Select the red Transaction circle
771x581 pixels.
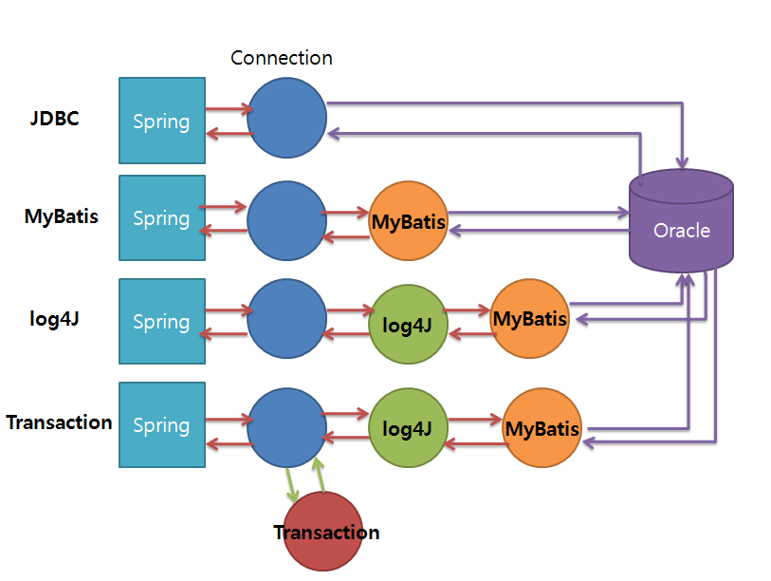pyautogui.click(x=324, y=532)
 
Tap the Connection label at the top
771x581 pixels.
pyautogui.click(x=282, y=58)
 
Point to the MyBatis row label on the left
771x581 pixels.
pyautogui.click(x=61, y=216)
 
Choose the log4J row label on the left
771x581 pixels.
pyautogui.click(x=54, y=318)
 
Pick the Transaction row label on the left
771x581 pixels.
pyautogui.click(x=59, y=422)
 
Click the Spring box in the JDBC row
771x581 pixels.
pyautogui.click(x=162, y=121)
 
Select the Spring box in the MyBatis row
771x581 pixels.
pyautogui.click(x=162, y=217)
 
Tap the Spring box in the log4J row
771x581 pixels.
pyautogui.click(x=162, y=321)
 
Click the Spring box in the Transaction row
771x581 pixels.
pyautogui.click(x=162, y=424)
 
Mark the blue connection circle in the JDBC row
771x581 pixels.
pyautogui.click(x=287, y=118)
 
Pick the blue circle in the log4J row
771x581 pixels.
pyautogui.click(x=286, y=320)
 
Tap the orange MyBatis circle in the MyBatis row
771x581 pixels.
pyautogui.click(x=408, y=222)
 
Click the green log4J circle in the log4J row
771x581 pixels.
pyautogui.click(x=408, y=325)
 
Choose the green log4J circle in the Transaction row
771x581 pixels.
pyautogui.click(x=408, y=429)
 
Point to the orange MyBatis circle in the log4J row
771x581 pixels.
pyautogui.click(x=530, y=318)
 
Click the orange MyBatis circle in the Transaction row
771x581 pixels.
pyautogui.click(x=542, y=429)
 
